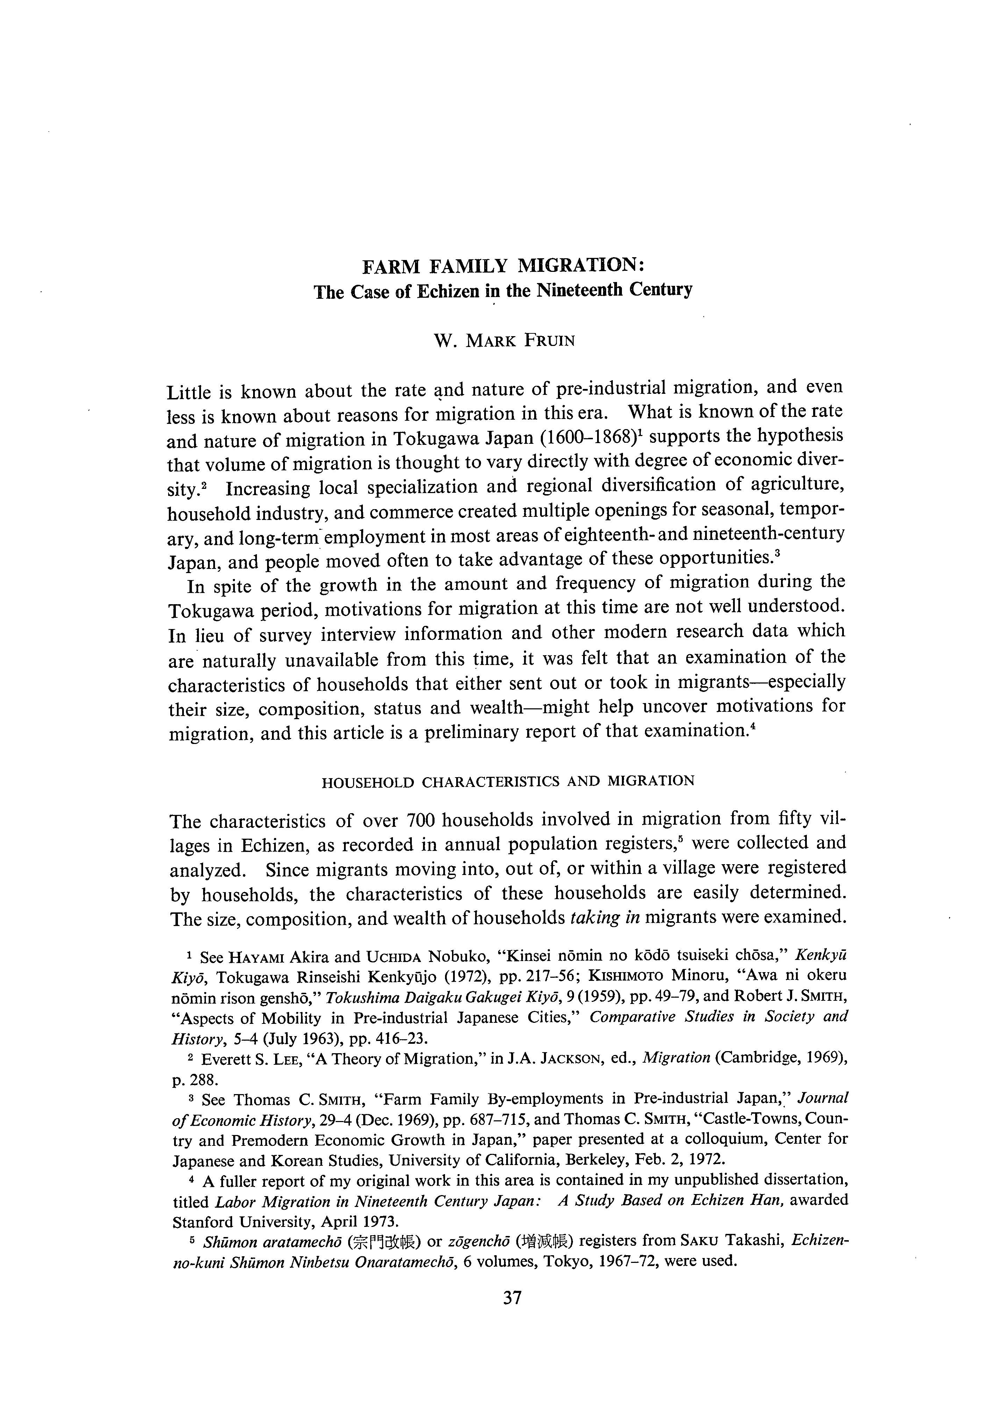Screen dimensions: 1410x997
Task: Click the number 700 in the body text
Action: [x=421, y=820]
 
